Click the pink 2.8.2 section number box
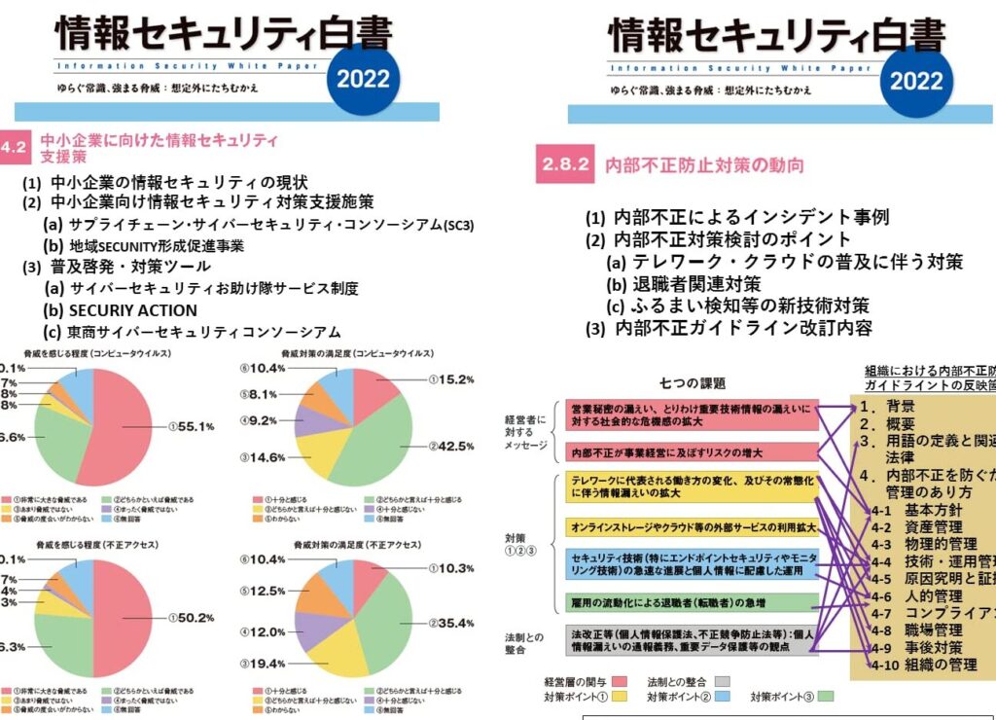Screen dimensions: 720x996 (565, 164)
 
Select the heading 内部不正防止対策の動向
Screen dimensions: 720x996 (704, 165)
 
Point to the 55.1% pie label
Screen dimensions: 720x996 (191, 426)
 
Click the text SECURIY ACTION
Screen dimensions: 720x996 (133, 310)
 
